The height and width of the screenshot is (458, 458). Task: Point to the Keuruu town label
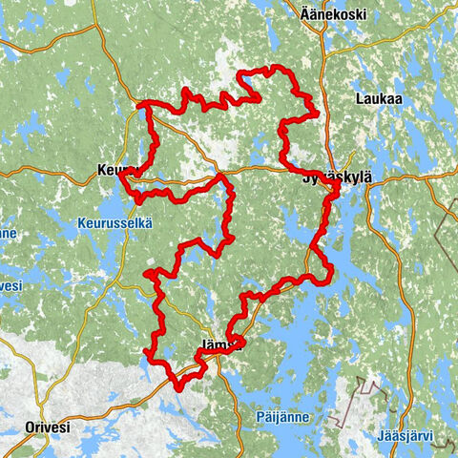pos(115,172)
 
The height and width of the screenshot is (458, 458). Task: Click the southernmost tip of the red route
pos(178,386)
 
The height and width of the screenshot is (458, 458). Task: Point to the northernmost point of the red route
pos(275,67)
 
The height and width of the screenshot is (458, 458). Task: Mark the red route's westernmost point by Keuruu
pos(119,176)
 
